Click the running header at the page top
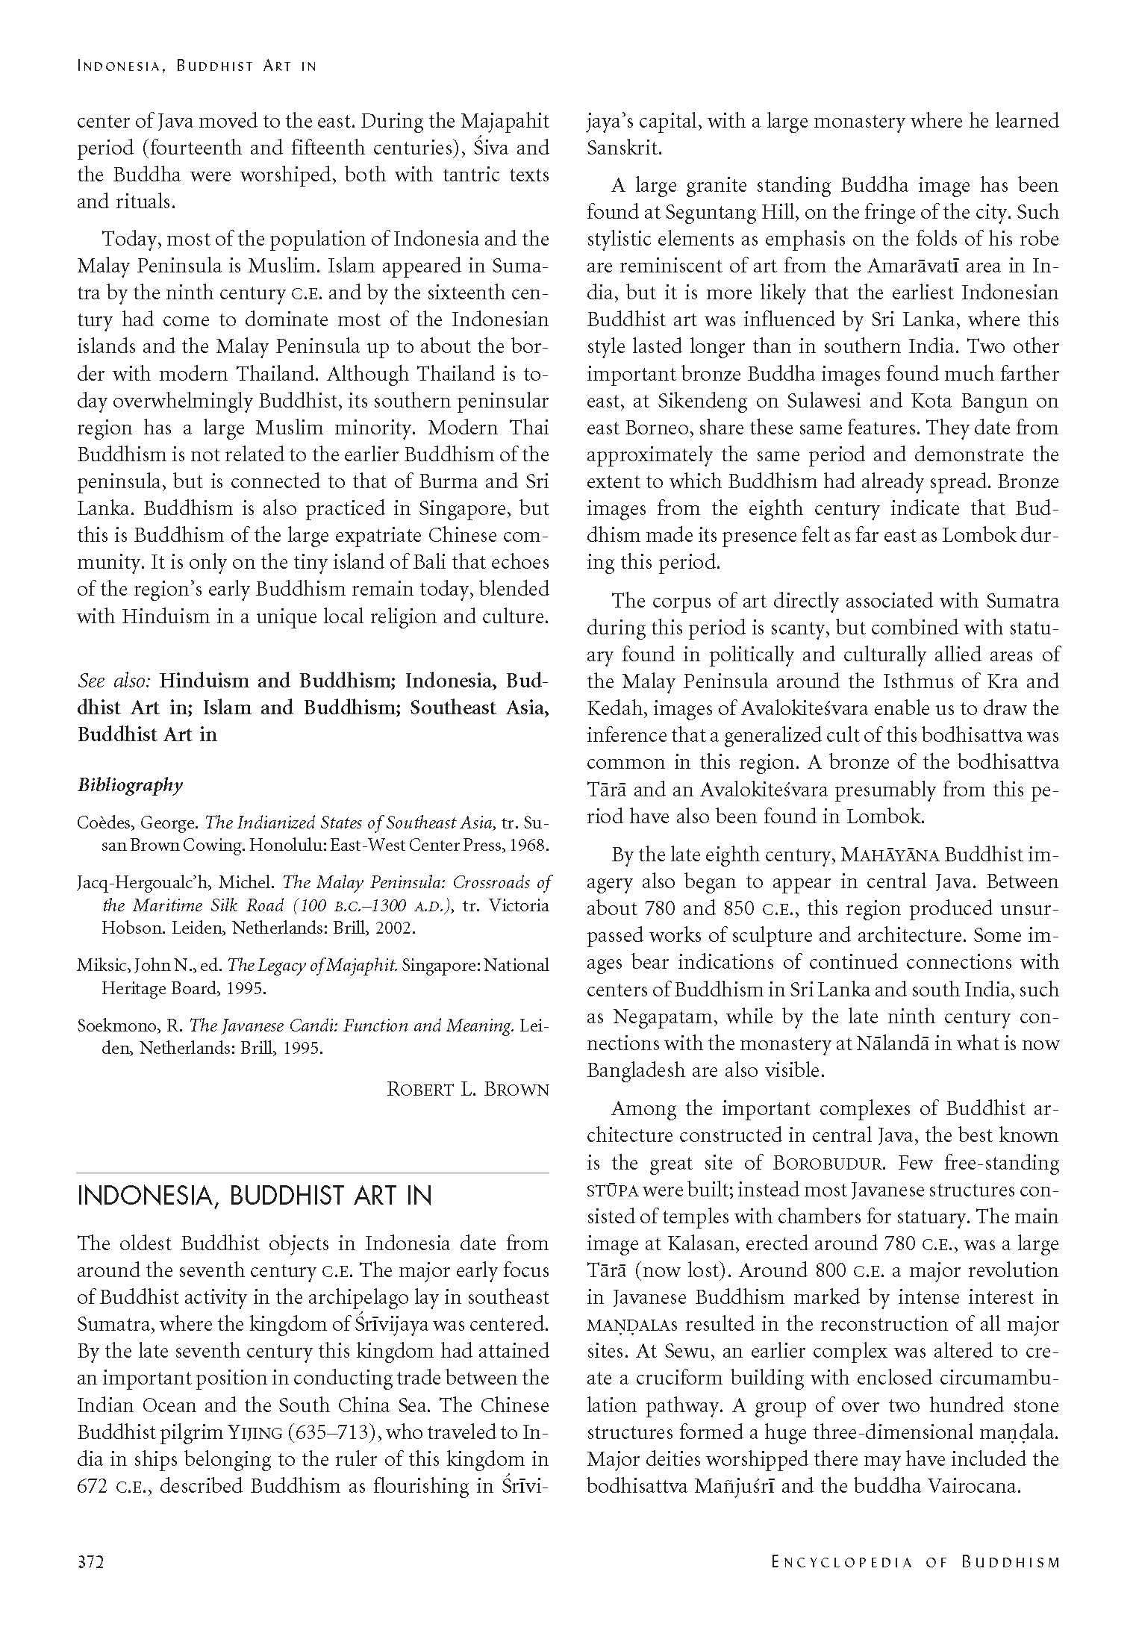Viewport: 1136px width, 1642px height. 197,66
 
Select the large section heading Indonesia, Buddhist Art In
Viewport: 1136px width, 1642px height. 255,1196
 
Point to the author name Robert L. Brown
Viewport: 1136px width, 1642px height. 467,1089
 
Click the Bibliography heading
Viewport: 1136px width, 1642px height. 130,785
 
